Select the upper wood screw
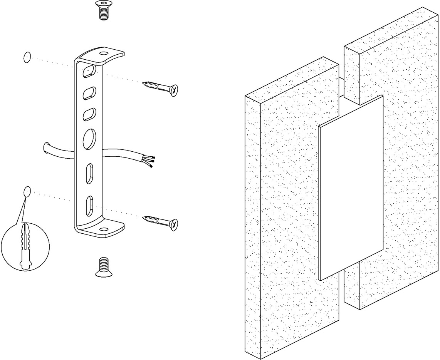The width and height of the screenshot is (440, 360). point(160,87)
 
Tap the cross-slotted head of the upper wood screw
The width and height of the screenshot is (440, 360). point(174,91)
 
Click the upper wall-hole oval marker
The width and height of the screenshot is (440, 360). point(27,58)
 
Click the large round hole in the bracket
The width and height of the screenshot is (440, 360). point(89,139)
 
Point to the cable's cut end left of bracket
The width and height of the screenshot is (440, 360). point(47,148)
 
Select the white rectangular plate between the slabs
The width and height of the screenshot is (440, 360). point(351,189)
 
